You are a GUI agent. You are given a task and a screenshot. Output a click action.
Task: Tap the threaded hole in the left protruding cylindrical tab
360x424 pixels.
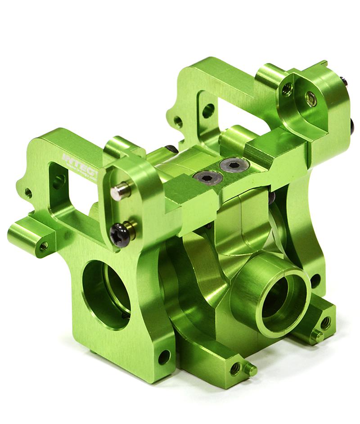click(44, 246)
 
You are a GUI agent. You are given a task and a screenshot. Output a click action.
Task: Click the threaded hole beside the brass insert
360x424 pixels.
click(285, 90)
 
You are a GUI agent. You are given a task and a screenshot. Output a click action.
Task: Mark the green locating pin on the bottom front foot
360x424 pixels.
click(250, 370)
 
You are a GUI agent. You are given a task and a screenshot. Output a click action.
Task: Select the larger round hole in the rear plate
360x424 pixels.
click(208, 110)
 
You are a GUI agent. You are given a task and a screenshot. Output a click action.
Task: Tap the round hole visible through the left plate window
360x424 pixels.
click(58, 181)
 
